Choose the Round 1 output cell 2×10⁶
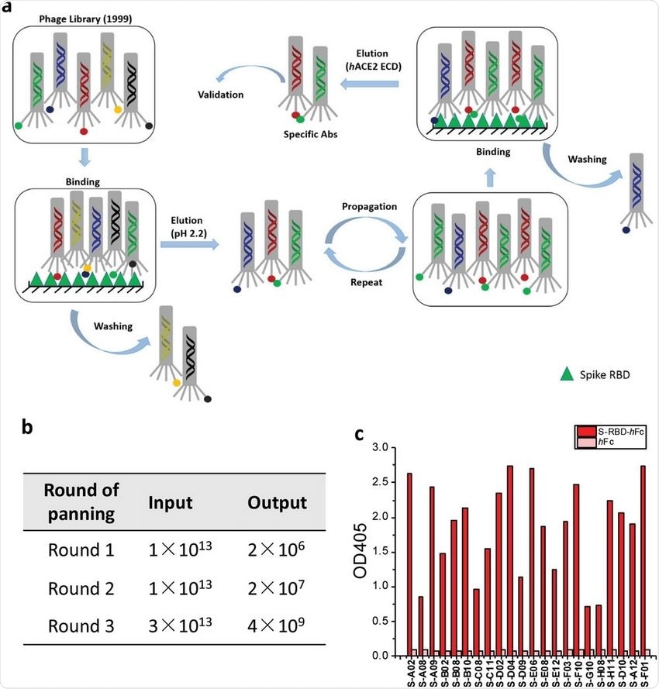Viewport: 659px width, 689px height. click(276, 551)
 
